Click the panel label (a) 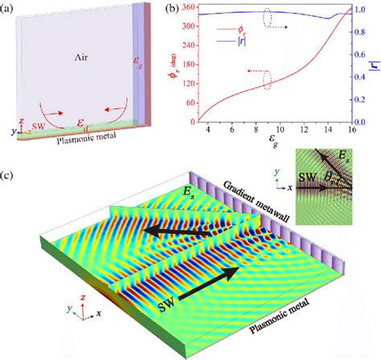point(10,10)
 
